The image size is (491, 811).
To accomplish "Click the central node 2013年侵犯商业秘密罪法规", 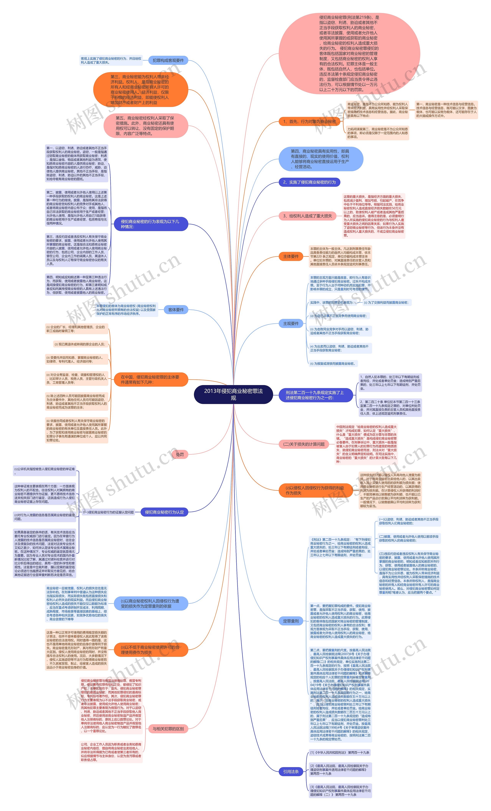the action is pyautogui.click(x=233, y=394).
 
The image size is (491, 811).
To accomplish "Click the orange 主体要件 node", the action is pyautogui.click(x=291, y=256).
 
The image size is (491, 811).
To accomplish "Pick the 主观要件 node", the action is pyautogui.click(x=291, y=324).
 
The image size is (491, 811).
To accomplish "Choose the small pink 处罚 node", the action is pyautogui.click(x=180, y=454).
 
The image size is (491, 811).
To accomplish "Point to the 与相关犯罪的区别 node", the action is pyautogui.click(x=168, y=729).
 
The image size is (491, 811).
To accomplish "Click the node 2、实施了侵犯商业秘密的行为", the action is pyautogui.click(x=309, y=182).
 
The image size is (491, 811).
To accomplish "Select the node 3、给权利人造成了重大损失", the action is pyautogui.click(x=307, y=216).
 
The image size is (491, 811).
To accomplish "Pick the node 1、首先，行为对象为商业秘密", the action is pyautogui.click(x=309, y=121).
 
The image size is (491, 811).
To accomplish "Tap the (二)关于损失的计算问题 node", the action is pyautogui.click(x=304, y=444).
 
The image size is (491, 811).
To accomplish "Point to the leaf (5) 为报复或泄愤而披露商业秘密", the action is pyautogui.click(x=333, y=364).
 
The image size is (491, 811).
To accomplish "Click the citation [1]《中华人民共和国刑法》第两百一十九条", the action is pyautogui.click(x=340, y=752).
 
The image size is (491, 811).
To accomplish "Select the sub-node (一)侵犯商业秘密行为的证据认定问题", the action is pyautogui.click(x=108, y=512).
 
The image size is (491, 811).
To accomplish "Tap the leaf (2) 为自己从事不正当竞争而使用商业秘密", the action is pyautogui.click(x=338, y=316).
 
